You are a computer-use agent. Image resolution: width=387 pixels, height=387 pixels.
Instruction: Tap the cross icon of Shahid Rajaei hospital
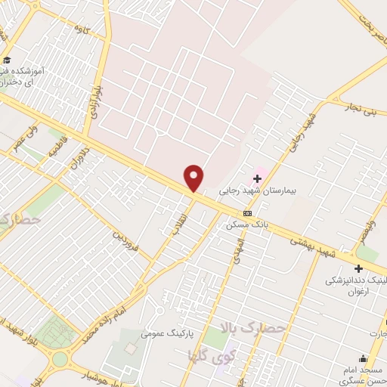tap(257, 178)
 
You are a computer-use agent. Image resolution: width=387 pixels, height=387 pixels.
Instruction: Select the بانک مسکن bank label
tap(247, 224)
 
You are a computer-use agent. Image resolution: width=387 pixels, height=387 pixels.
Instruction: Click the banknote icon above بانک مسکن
tap(247, 213)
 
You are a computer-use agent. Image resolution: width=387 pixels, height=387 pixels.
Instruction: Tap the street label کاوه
tap(79, 28)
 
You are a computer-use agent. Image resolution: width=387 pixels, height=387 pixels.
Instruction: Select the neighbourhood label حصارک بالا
tap(254, 327)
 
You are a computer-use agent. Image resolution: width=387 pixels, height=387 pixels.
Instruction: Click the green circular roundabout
tap(54, 333)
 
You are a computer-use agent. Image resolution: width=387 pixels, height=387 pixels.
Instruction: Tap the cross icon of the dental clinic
tap(358, 268)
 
